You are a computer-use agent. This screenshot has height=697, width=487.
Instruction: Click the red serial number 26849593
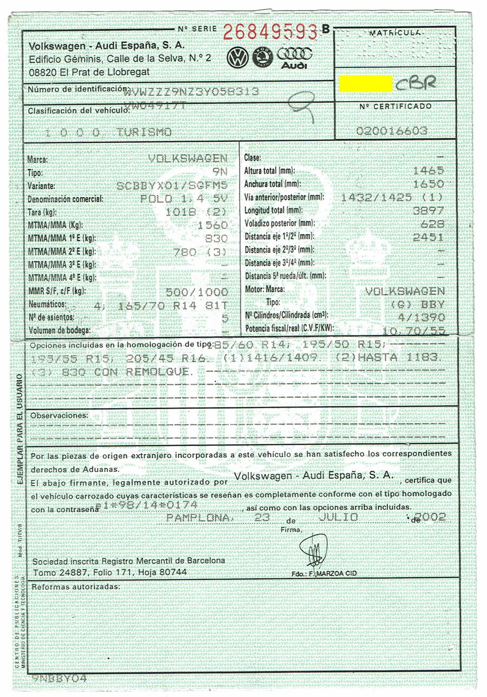click(x=269, y=32)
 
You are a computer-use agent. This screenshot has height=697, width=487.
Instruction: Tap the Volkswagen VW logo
click(x=238, y=57)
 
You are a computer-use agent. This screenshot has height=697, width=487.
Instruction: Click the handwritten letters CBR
click(x=416, y=83)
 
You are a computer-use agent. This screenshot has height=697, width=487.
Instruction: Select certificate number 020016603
click(x=392, y=131)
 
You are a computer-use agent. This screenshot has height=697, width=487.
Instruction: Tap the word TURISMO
click(x=144, y=132)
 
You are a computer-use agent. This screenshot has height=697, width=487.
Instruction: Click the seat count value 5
click(x=225, y=318)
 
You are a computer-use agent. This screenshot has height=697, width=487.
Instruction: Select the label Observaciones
click(x=59, y=415)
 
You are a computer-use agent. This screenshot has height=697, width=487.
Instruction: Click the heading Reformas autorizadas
click(x=75, y=587)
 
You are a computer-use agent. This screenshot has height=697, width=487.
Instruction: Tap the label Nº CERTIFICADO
click(x=395, y=106)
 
